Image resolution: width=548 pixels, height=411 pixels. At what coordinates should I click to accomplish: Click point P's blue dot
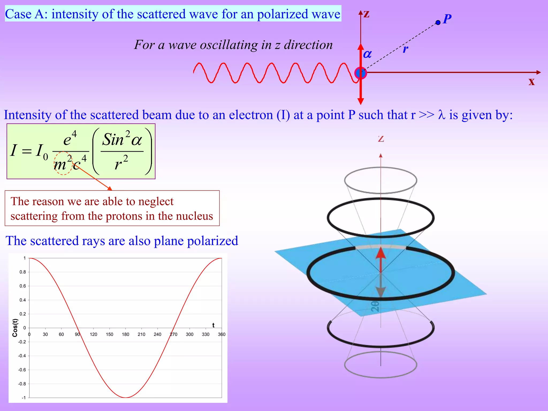pos(438,22)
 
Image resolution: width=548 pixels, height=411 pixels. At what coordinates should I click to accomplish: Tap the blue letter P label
pos(447,19)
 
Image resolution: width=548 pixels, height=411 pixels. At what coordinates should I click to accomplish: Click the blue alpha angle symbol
pos(367,54)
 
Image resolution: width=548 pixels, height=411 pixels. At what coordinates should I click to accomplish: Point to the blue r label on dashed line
pos(406,49)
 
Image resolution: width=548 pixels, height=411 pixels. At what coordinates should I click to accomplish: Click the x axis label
pos(531,81)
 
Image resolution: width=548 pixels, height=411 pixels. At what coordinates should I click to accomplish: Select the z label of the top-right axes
pos(367,14)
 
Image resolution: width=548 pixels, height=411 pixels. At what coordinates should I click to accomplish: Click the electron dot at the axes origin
pos(360,73)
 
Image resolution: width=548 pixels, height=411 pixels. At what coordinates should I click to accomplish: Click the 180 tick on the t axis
pos(125,334)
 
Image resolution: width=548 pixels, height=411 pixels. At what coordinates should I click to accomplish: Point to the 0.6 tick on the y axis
pos(23,286)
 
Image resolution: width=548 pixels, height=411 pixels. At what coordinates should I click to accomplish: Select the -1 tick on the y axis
pos(24,398)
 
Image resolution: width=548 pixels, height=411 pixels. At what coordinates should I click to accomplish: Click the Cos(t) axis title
pos(15,328)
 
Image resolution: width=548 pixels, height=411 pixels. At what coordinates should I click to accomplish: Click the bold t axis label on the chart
pos(213,325)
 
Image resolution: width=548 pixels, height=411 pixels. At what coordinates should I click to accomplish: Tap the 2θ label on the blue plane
pos(375,307)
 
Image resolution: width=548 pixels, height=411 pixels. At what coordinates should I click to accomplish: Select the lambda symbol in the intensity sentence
pos(442,115)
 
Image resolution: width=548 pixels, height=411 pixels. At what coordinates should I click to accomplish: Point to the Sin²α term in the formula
pos(122,139)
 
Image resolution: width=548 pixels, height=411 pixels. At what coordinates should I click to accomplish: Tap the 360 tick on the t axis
pos(222,334)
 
